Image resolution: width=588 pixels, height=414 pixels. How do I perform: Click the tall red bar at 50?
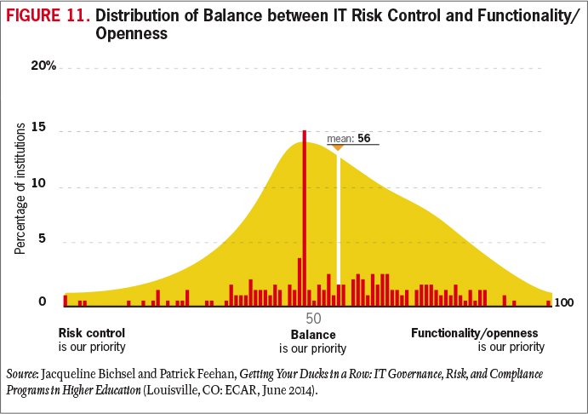coord(305,217)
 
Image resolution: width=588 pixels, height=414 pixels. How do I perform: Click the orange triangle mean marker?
coord(338,147)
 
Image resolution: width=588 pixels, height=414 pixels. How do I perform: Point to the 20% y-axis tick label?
coord(43,66)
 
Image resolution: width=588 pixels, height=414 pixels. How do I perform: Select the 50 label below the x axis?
coord(313,318)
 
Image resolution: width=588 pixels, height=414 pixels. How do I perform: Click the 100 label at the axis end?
coord(564,302)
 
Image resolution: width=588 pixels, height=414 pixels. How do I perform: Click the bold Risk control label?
coord(92,332)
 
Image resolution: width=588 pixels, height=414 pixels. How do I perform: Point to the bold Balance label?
coord(313,335)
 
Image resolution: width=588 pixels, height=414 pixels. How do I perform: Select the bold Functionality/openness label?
coord(475,332)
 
